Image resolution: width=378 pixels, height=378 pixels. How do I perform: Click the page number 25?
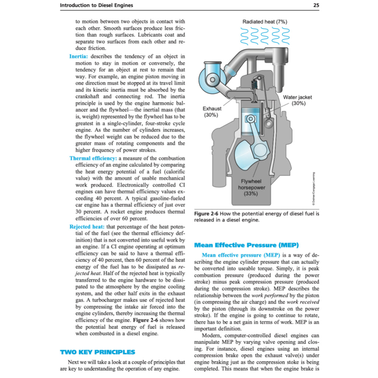coord(316,5)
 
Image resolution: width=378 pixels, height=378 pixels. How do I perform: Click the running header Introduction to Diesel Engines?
coord(96,5)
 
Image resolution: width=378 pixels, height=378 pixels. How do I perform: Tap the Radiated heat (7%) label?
coord(265,22)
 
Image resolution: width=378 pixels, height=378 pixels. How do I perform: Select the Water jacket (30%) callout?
coord(298,100)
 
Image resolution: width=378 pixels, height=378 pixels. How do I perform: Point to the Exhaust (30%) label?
coord(212,111)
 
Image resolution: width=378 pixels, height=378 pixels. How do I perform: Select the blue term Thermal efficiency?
coord(93,158)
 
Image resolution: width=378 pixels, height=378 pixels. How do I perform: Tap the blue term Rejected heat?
coord(87,226)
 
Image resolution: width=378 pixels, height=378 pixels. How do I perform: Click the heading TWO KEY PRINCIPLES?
coord(97,352)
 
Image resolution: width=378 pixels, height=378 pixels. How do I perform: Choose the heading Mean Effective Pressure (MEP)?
coord(246,245)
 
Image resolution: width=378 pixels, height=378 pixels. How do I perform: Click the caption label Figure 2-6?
coord(207,214)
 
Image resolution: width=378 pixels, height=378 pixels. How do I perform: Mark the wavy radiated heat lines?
coord(264,35)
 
